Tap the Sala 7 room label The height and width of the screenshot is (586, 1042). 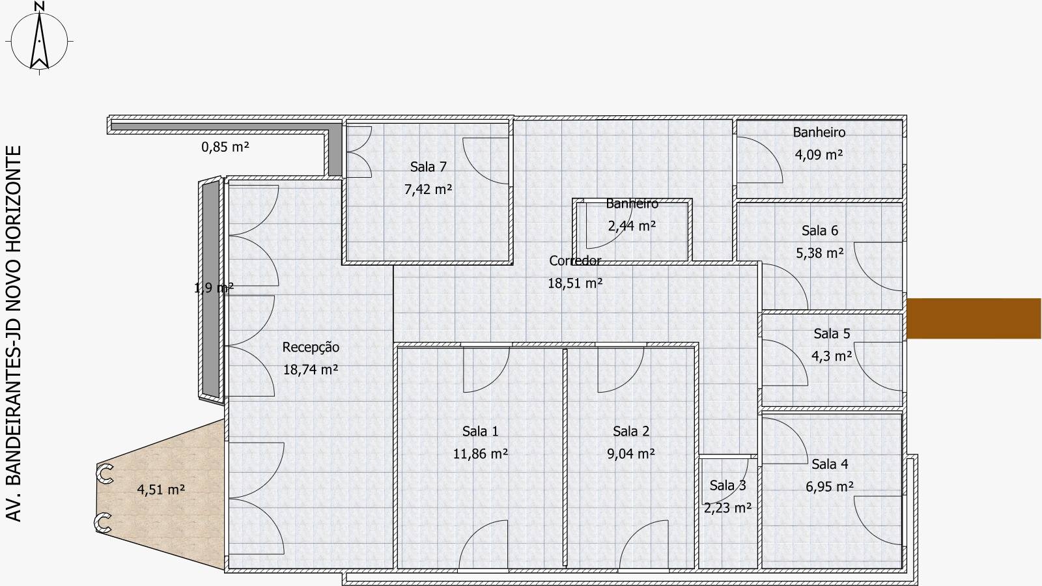pos(429,167)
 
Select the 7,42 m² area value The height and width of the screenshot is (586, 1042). pos(428,189)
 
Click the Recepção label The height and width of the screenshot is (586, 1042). pos(311,348)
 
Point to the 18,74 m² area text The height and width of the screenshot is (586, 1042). pos(310,370)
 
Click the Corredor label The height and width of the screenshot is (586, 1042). pos(575,260)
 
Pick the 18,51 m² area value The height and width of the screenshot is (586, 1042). pos(575,283)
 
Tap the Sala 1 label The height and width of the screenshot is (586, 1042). pos(480,431)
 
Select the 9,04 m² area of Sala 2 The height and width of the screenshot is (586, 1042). pos(631,453)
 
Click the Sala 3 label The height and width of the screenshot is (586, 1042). pos(727,485)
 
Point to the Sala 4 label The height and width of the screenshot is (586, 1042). pos(830,464)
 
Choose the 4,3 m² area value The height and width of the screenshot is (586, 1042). pos(832,356)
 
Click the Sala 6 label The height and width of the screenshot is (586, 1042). pos(820,230)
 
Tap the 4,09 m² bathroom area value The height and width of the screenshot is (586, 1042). pos(819,154)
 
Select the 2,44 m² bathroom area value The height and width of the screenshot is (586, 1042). pos(632,226)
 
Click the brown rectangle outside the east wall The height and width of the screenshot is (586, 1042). pos(974,318)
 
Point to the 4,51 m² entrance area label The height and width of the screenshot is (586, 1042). pos(161,490)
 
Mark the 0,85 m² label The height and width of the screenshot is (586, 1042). pos(225,147)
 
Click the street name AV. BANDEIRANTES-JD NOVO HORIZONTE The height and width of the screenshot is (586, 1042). pos(14,333)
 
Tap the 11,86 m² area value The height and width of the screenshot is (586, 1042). pos(480,453)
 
